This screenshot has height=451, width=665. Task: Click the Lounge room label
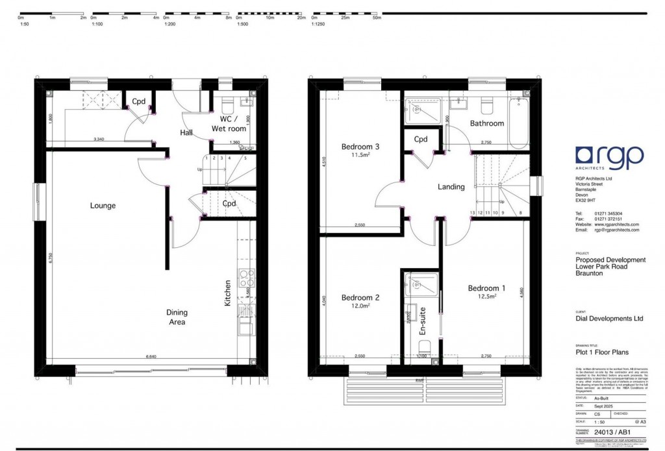pos(103,206)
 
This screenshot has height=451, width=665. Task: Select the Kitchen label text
pos(228,293)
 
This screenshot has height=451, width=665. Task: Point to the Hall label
pos(187,133)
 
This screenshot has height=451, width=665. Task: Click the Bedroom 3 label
pos(360,147)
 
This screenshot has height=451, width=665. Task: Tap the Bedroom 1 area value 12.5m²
pos(486,296)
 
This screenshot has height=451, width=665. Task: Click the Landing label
pos(451,187)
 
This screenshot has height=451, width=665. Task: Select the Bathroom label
pos(487,123)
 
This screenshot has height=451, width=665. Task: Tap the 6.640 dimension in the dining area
pos(152,356)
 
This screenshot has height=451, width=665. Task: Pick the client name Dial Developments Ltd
pos(609,319)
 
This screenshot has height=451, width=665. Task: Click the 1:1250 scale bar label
pos(319,23)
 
